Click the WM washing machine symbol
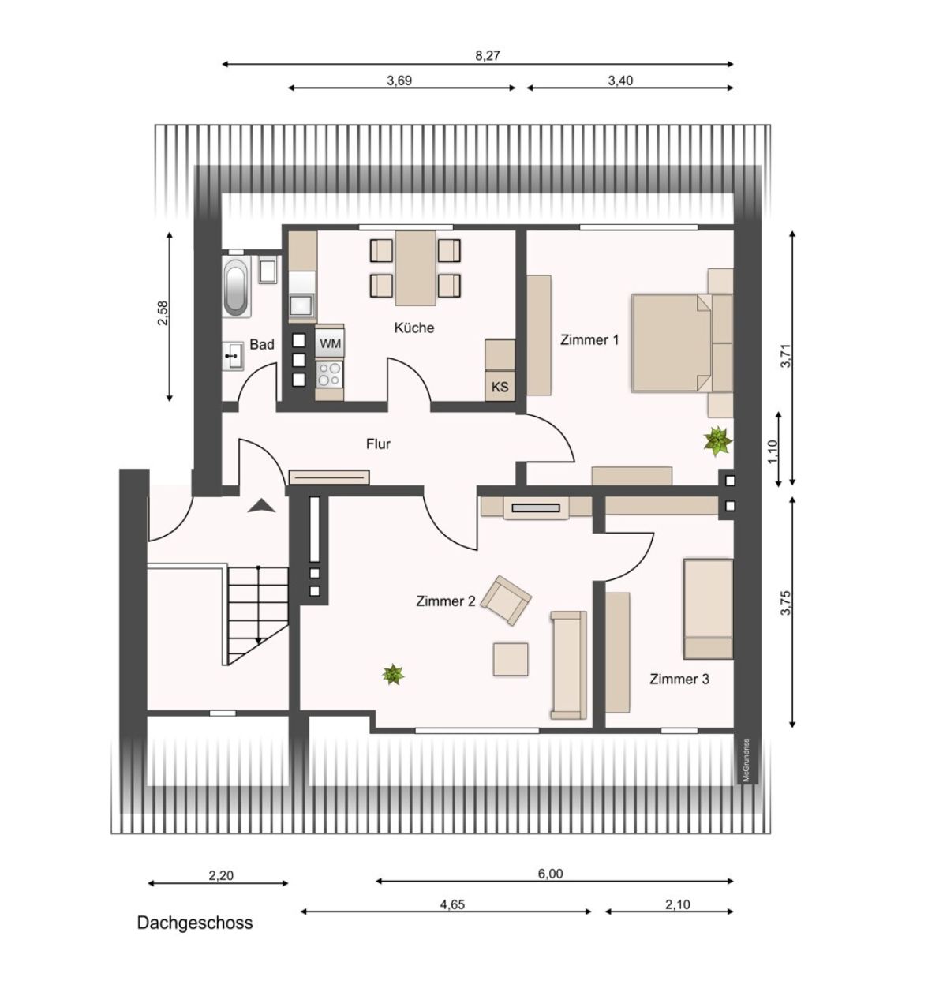pos(330,343)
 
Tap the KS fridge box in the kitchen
pos(500,388)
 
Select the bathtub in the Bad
pos(237,286)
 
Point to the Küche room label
pos(413,328)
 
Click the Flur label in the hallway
pos(378,444)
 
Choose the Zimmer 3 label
pos(679,679)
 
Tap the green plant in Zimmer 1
pos(717,440)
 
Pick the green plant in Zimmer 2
pos(393,674)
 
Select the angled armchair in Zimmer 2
pos(506,601)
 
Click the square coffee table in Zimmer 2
pos(511,659)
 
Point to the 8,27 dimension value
pos(488,55)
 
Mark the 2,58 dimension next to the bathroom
pos(163,313)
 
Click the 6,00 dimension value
pos(550,873)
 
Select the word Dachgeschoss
pos(195,923)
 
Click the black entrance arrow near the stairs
pos(261,506)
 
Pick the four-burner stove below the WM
pos(329,374)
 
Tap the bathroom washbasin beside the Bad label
pos(233,356)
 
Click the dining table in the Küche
pos(415,268)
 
